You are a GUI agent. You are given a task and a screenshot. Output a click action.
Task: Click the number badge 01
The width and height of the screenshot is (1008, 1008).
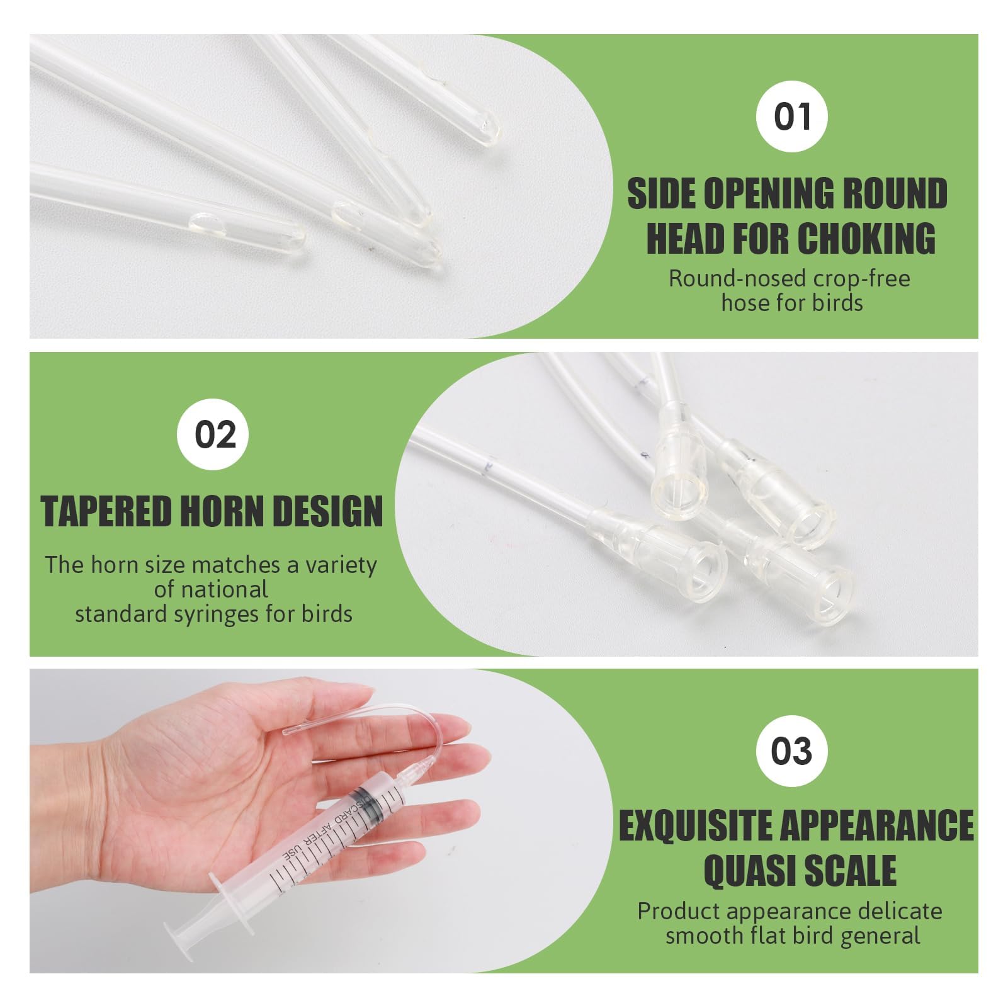(791, 117)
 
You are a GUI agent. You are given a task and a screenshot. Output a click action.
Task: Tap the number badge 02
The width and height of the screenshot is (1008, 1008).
(215, 435)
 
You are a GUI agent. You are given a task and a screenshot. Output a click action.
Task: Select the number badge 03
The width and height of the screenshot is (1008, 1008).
(791, 751)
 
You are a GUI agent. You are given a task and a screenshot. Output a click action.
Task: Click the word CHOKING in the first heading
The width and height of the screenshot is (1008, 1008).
(867, 239)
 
